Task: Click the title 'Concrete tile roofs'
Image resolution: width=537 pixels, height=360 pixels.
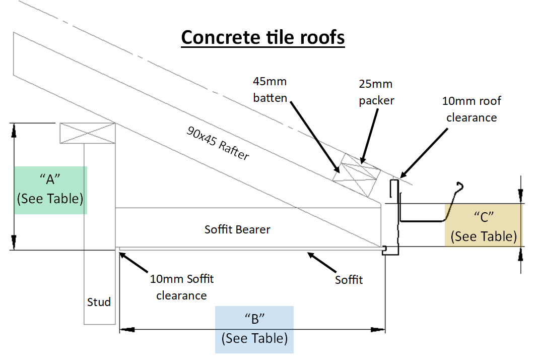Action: tap(262, 38)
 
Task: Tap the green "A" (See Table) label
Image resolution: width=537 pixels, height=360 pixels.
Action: tap(50, 190)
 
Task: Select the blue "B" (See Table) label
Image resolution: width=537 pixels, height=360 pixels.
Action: tap(254, 329)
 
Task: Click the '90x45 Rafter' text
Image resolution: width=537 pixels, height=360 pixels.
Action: tap(218, 143)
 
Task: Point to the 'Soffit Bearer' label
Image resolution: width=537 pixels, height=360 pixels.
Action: tap(237, 229)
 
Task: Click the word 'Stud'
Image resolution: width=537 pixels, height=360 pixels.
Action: tap(99, 302)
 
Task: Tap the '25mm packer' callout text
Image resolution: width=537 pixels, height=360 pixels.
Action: tap(376, 92)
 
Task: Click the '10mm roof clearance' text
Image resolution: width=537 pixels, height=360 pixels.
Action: tap(471, 109)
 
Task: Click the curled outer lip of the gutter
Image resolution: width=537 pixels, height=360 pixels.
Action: tap(458, 187)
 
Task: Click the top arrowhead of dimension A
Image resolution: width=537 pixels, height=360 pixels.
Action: tap(14, 130)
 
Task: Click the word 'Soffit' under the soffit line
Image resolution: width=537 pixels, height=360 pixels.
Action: tap(349, 279)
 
